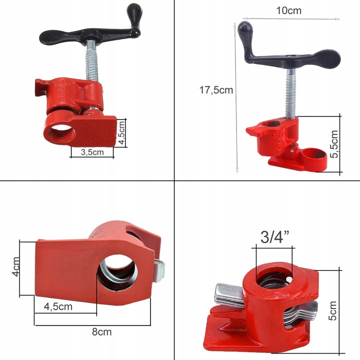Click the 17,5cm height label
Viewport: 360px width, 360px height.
click(x=216, y=90)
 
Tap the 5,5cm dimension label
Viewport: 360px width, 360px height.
click(x=334, y=143)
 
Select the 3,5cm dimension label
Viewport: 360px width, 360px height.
click(x=92, y=152)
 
